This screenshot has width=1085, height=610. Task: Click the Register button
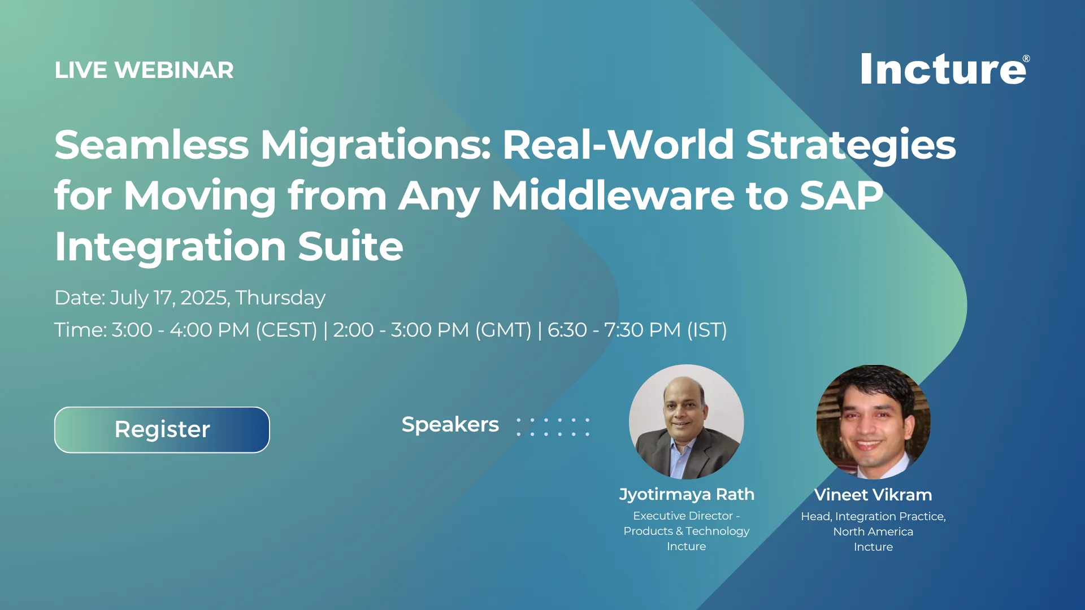tap(162, 430)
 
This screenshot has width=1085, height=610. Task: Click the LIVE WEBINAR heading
tap(144, 70)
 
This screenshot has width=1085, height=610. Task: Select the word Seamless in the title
tap(152, 145)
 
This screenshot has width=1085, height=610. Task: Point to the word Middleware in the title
tap(613, 195)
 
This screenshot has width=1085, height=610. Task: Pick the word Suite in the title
tap(350, 246)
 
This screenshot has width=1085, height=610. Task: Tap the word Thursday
tap(280, 298)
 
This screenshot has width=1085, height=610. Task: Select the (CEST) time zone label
tap(287, 330)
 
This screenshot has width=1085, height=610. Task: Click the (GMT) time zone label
tap(503, 330)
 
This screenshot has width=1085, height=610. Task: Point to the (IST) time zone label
tap(707, 330)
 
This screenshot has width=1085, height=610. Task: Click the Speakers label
tap(450, 424)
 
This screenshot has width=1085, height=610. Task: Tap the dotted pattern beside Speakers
tap(553, 427)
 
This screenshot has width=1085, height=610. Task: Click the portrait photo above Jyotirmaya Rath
tap(686, 422)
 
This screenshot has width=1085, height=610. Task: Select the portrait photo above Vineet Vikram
tap(873, 422)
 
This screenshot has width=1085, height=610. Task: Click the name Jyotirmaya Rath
tap(687, 494)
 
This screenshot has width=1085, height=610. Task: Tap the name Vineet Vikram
tap(873, 495)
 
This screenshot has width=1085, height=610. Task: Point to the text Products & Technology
tap(686, 531)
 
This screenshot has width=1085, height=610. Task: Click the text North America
tap(873, 531)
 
